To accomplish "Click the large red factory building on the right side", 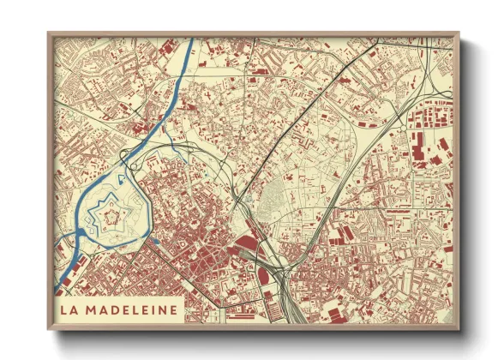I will (419, 154).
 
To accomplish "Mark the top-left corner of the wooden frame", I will (50, 35).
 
